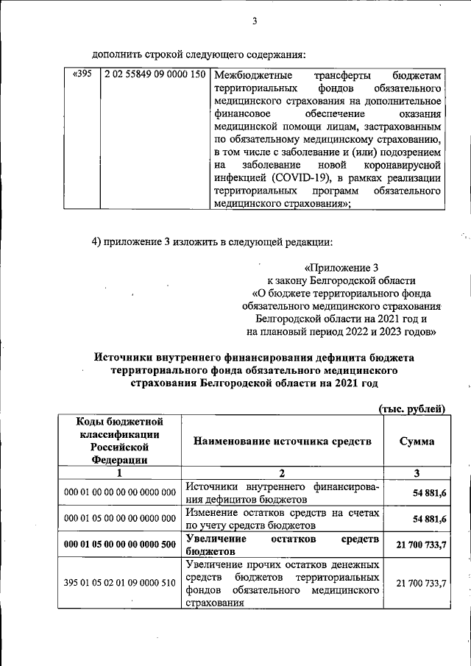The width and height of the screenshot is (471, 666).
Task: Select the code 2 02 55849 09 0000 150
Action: [x=155, y=75]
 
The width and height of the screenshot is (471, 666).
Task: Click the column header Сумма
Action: [x=416, y=442]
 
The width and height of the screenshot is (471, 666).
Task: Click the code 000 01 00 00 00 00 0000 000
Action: [x=120, y=492]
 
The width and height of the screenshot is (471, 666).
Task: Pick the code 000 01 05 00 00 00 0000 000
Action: [x=120, y=520]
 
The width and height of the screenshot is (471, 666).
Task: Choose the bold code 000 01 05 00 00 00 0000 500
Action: [x=120, y=545]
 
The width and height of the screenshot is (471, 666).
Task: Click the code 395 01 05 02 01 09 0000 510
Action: [x=120, y=583]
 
